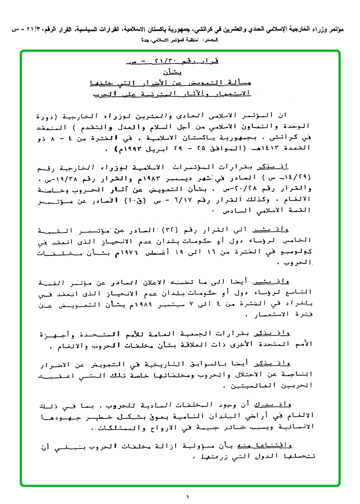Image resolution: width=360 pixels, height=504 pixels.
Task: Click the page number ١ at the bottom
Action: tap(188, 496)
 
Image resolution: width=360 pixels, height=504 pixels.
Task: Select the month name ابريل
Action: tap(155, 148)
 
